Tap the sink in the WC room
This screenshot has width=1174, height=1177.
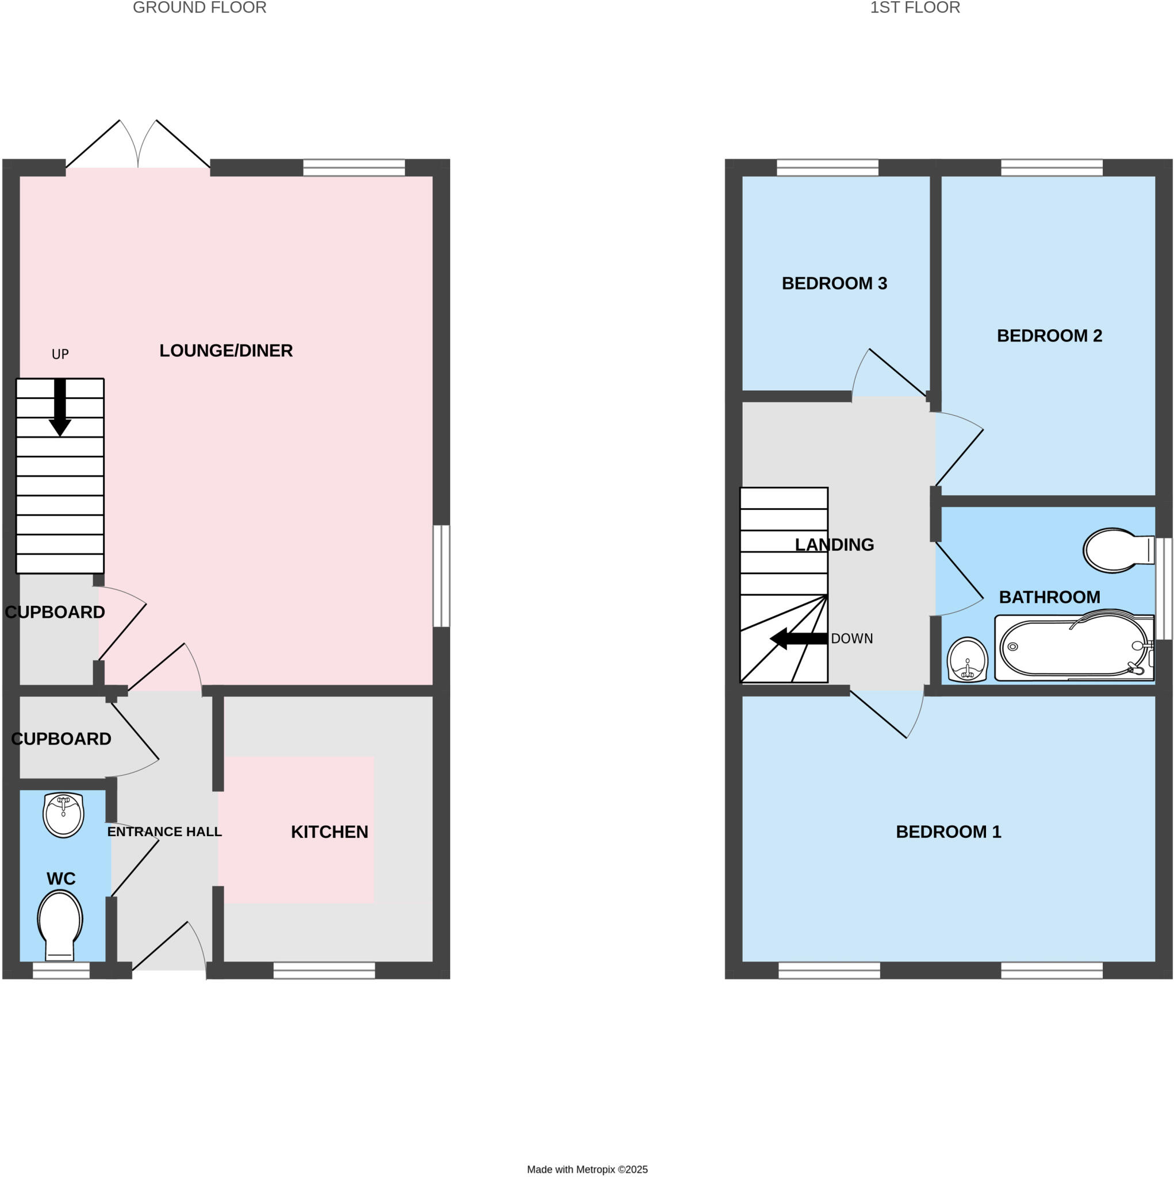point(63,814)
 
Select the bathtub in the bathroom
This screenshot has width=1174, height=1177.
point(1073,647)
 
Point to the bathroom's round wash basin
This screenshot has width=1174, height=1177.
point(968,660)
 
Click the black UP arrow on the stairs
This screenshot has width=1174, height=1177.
point(60,407)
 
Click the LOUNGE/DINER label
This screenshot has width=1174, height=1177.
point(226,351)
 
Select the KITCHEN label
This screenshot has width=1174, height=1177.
point(329,832)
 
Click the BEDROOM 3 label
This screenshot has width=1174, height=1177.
point(834,283)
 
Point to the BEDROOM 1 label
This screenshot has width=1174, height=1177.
point(948,832)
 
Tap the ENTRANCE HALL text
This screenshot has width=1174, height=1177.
point(164,832)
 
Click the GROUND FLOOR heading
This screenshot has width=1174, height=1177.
point(199,8)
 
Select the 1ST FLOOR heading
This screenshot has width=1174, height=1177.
point(914,8)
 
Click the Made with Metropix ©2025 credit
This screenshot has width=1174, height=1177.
point(587,1169)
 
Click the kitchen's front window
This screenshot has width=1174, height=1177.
point(324,971)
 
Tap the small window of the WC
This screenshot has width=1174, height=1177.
point(61,971)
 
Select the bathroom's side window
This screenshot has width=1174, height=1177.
point(1164,588)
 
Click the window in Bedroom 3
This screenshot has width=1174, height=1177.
point(827,168)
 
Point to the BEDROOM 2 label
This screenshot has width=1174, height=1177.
point(1049,336)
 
